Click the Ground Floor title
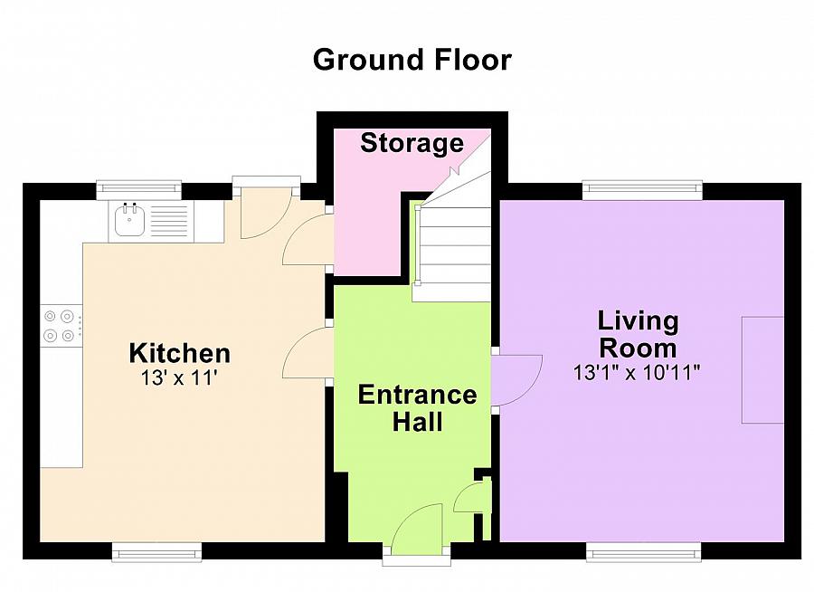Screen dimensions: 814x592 [412, 60]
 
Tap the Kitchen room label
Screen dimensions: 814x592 [180, 353]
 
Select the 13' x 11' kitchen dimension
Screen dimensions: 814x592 [178, 377]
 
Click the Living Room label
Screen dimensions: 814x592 [638, 334]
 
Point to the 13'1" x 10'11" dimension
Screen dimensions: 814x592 [637, 372]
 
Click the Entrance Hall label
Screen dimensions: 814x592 [417, 408]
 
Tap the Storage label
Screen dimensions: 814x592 [412, 143]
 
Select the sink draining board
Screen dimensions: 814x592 [167, 221]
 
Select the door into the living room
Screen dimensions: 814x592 [517, 380]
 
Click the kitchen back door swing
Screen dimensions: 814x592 [266, 213]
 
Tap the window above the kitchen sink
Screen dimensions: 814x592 [139, 190]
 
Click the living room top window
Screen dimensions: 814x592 [642, 190]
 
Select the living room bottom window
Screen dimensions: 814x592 [644, 552]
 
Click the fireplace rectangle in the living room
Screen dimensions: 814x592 [762, 370]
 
